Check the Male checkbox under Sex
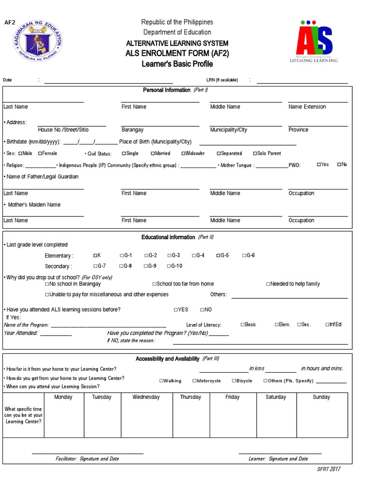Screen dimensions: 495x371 pyautogui.click(x=20, y=153)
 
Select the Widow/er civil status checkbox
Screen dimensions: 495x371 pyautogui.click(x=184, y=153)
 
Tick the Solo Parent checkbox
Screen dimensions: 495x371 pyautogui.click(x=254, y=153)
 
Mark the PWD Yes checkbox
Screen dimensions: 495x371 pyautogui.click(x=319, y=165)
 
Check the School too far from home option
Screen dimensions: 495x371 pyautogui.click(x=155, y=284)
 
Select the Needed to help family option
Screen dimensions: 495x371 pyautogui.click(x=268, y=284)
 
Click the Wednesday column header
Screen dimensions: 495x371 pyautogui.click(x=146, y=397)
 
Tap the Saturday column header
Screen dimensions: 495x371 pyautogui.click(x=275, y=397)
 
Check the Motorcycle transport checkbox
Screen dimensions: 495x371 pyautogui.click(x=194, y=381)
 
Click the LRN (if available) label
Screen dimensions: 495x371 pyautogui.click(x=222, y=80)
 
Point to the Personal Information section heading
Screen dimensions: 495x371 pyautogui.click(x=167, y=90)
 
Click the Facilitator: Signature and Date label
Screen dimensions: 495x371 pyautogui.click(x=87, y=459)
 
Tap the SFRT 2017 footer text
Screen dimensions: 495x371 pyautogui.click(x=328, y=469)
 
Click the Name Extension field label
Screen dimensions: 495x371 pyautogui.click(x=307, y=107)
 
